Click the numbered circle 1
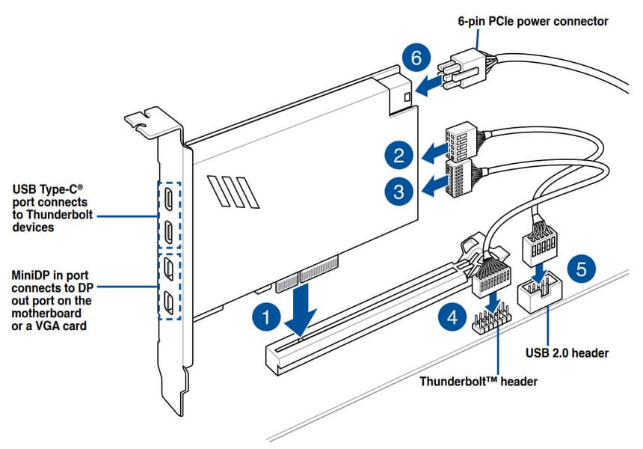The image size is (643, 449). [x=265, y=317]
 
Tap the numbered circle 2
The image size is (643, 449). [x=399, y=156]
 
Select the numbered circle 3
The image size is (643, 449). [x=399, y=191]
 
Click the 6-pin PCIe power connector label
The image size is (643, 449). [x=532, y=22]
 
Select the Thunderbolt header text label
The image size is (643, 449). [x=478, y=381]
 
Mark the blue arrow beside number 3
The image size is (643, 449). [x=431, y=184]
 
